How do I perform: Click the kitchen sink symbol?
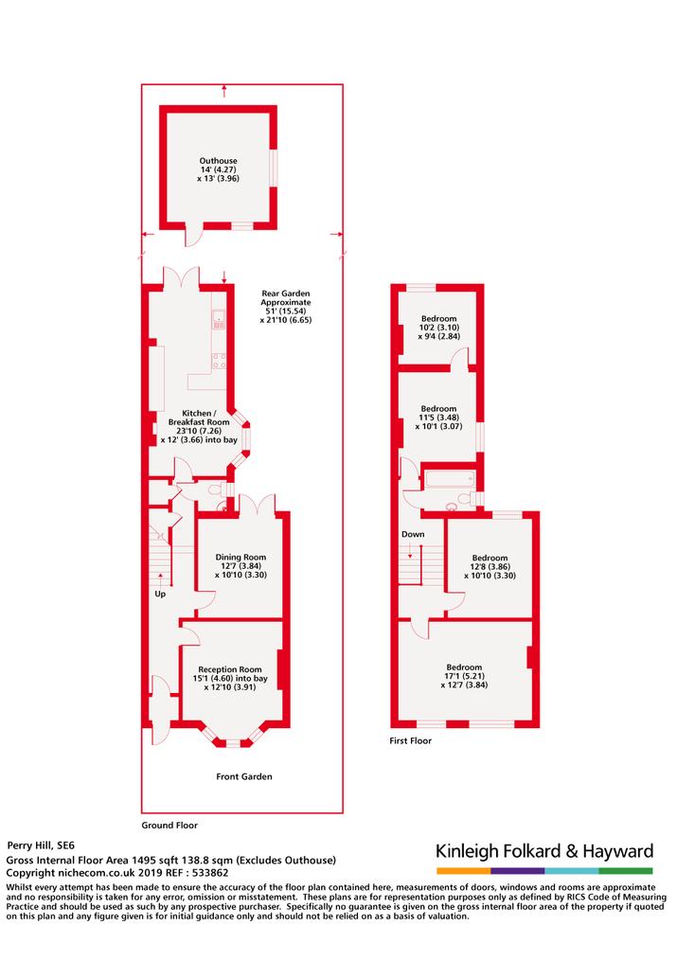219,319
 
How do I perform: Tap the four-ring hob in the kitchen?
219,361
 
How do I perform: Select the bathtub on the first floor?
450,480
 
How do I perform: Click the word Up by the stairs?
160,594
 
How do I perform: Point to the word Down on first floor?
413,534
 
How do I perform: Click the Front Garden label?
244,776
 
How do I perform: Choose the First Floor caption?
411,740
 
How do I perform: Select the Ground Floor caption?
169,825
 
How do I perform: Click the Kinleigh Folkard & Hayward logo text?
544,851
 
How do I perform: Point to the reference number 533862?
211,873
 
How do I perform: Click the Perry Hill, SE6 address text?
41,845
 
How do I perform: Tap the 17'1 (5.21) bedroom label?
464,676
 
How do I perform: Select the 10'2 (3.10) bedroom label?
439,328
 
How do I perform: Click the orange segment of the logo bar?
464,871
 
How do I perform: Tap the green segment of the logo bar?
626,871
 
